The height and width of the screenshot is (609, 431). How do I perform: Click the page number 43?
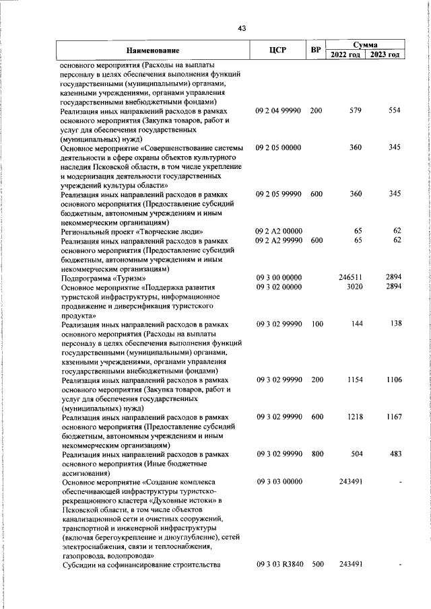pyautogui.click(x=242, y=28)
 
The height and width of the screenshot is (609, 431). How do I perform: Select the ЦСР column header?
pyautogui.click(x=278, y=50)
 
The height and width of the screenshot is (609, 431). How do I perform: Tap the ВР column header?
pyautogui.click(x=315, y=50)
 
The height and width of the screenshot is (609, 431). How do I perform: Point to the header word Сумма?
pyautogui.click(x=364, y=44)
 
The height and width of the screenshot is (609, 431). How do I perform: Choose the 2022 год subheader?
pyautogui.click(x=345, y=55)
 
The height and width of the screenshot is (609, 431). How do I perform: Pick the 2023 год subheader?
pyautogui.click(x=384, y=55)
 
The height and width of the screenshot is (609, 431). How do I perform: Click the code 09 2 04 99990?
pyautogui.click(x=278, y=110)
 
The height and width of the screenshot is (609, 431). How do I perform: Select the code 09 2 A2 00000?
pyautogui.click(x=278, y=231)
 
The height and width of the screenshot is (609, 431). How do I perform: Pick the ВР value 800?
pyautogui.click(x=317, y=455)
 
